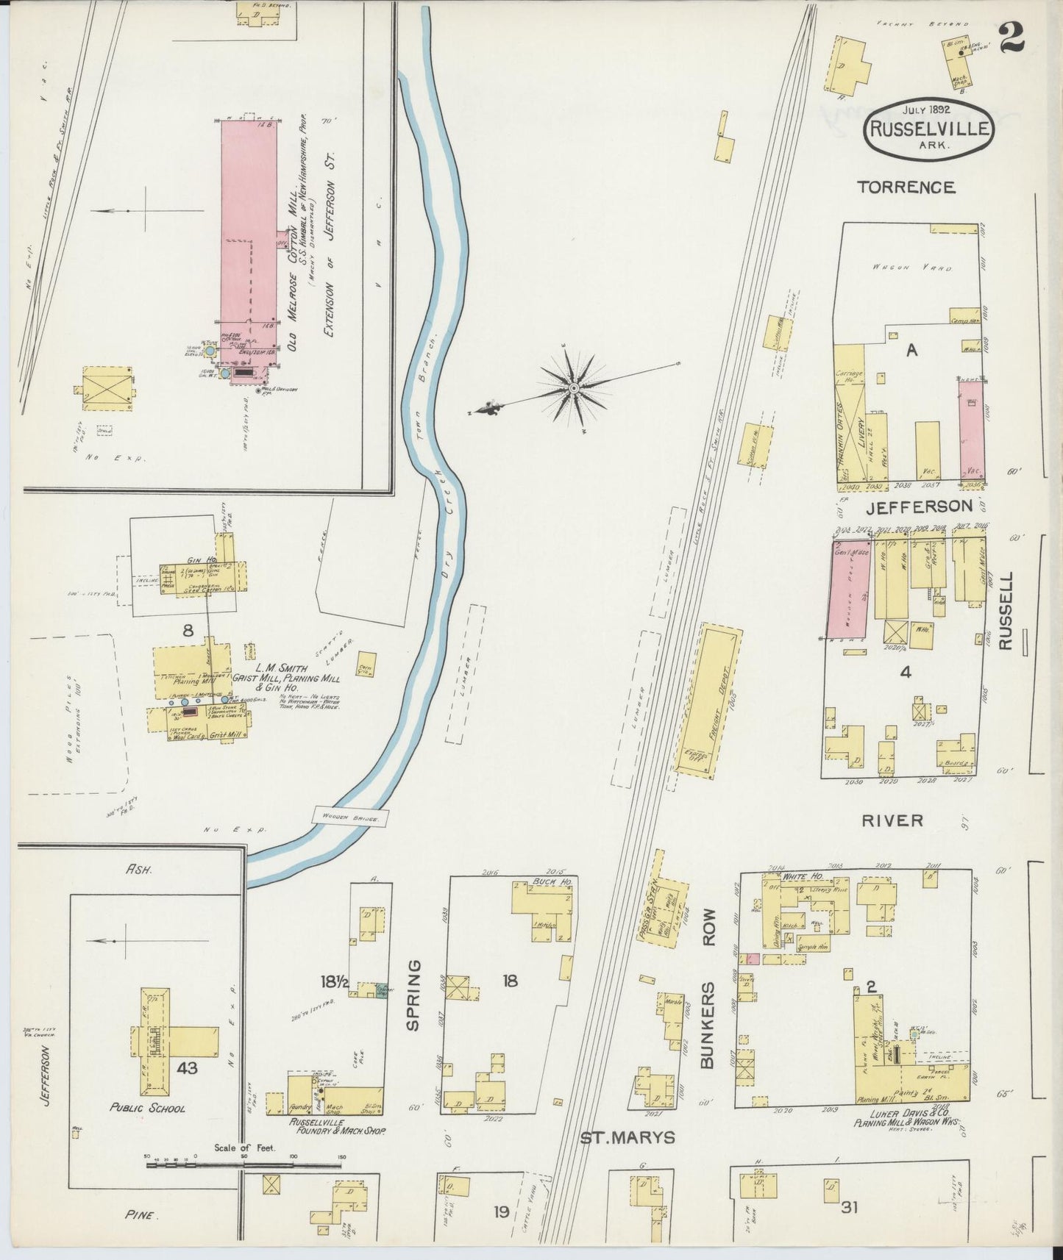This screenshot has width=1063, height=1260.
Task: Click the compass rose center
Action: tap(574, 387)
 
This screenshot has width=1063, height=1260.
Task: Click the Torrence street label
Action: tap(906, 187)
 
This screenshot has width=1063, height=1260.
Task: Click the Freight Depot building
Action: tap(709, 699)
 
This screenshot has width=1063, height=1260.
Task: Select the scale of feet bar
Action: tap(245, 1164)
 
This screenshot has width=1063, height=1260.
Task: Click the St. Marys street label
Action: tap(628, 1137)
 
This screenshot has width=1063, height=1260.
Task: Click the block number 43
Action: tap(187, 1068)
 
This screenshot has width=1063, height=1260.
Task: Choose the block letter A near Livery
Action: tap(911, 351)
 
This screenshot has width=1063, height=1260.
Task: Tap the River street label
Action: tap(892, 820)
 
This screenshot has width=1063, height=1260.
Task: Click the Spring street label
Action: tap(413, 994)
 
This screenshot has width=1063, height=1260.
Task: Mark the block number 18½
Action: tap(334, 981)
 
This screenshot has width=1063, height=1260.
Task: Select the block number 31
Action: tap(850, 1206)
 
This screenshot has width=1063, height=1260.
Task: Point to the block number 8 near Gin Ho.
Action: tap(189, 629)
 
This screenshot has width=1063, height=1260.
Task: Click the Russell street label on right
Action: tap(1006, 612)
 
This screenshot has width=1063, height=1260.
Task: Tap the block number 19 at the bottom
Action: tap(501, 1211)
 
